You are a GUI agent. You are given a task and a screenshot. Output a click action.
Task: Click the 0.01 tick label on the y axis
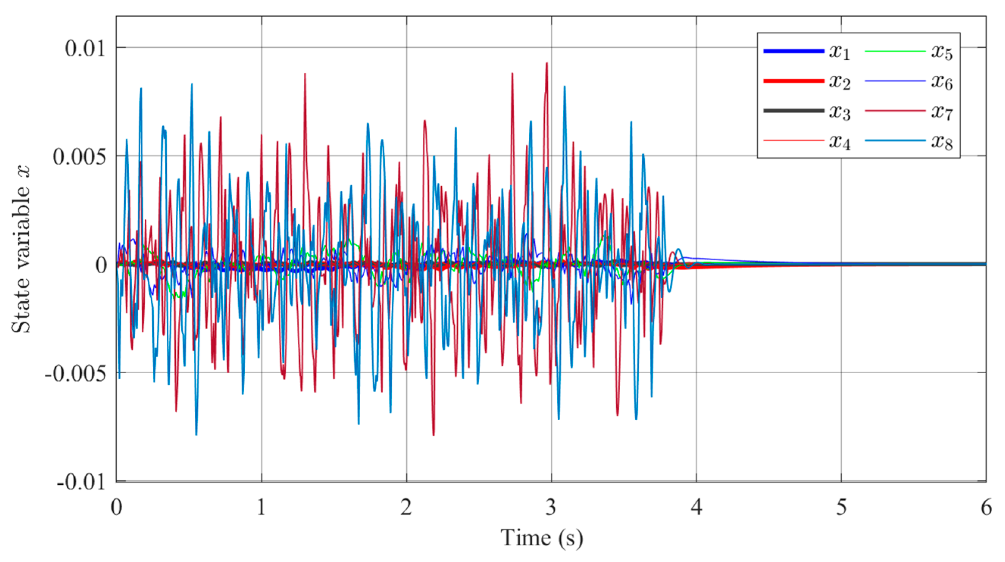(x=85, y=49)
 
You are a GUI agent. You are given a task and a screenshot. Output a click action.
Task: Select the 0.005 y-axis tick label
(x=79, y=157)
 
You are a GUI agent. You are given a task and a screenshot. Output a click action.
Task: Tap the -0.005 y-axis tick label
(x=75, y=374)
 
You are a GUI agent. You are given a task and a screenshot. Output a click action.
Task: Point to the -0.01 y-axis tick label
(x=81, y=482)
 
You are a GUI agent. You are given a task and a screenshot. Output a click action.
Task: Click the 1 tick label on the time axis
(x=261, y=508)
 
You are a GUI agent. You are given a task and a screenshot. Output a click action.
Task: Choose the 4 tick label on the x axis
(x=696, y=508)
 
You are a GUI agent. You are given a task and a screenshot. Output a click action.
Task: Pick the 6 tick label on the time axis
(x=986, y=508)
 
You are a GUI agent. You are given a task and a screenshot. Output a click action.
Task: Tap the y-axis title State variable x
(x=20, y=250)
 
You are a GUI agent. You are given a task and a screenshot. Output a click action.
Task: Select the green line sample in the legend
(x=895, y=51)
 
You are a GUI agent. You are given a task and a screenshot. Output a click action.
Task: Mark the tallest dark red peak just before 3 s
(x=547, y=64)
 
